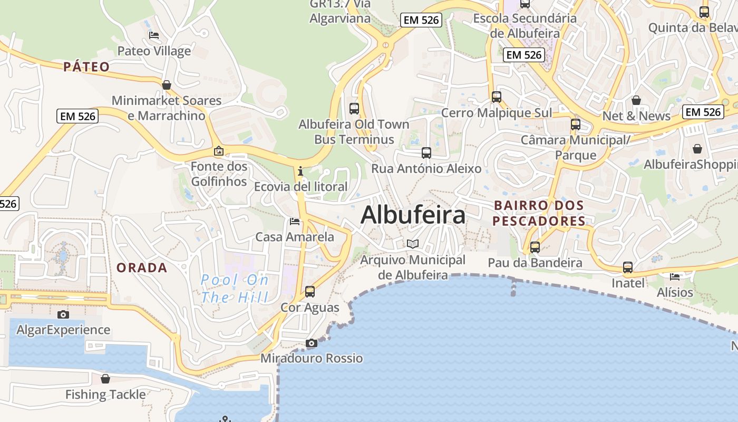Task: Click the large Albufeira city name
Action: point(413,215)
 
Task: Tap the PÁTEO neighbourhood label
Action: point(86,67)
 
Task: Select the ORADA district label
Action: point(142,268)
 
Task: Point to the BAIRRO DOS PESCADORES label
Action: point(539,213)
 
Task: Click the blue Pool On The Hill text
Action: point(235,288)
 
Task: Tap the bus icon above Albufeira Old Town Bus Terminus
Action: point(354,109)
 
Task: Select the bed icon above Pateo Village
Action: point(154,35)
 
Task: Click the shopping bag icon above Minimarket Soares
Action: point(167,85)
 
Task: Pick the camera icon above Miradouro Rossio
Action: point(311,343)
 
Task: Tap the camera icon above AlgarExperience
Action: point(63,315)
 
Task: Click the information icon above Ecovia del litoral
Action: point(300,171)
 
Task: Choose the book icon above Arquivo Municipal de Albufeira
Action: point(413,244)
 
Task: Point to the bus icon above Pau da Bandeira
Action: point(535,247)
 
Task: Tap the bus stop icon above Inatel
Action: point(628,267)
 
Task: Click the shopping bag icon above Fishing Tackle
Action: point(105,379)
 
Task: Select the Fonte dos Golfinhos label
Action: point(219,174)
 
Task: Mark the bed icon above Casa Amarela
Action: point(295,222)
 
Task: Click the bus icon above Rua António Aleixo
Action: point(426,153)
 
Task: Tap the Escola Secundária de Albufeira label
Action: point(525,25)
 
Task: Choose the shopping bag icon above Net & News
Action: point(636,100)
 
